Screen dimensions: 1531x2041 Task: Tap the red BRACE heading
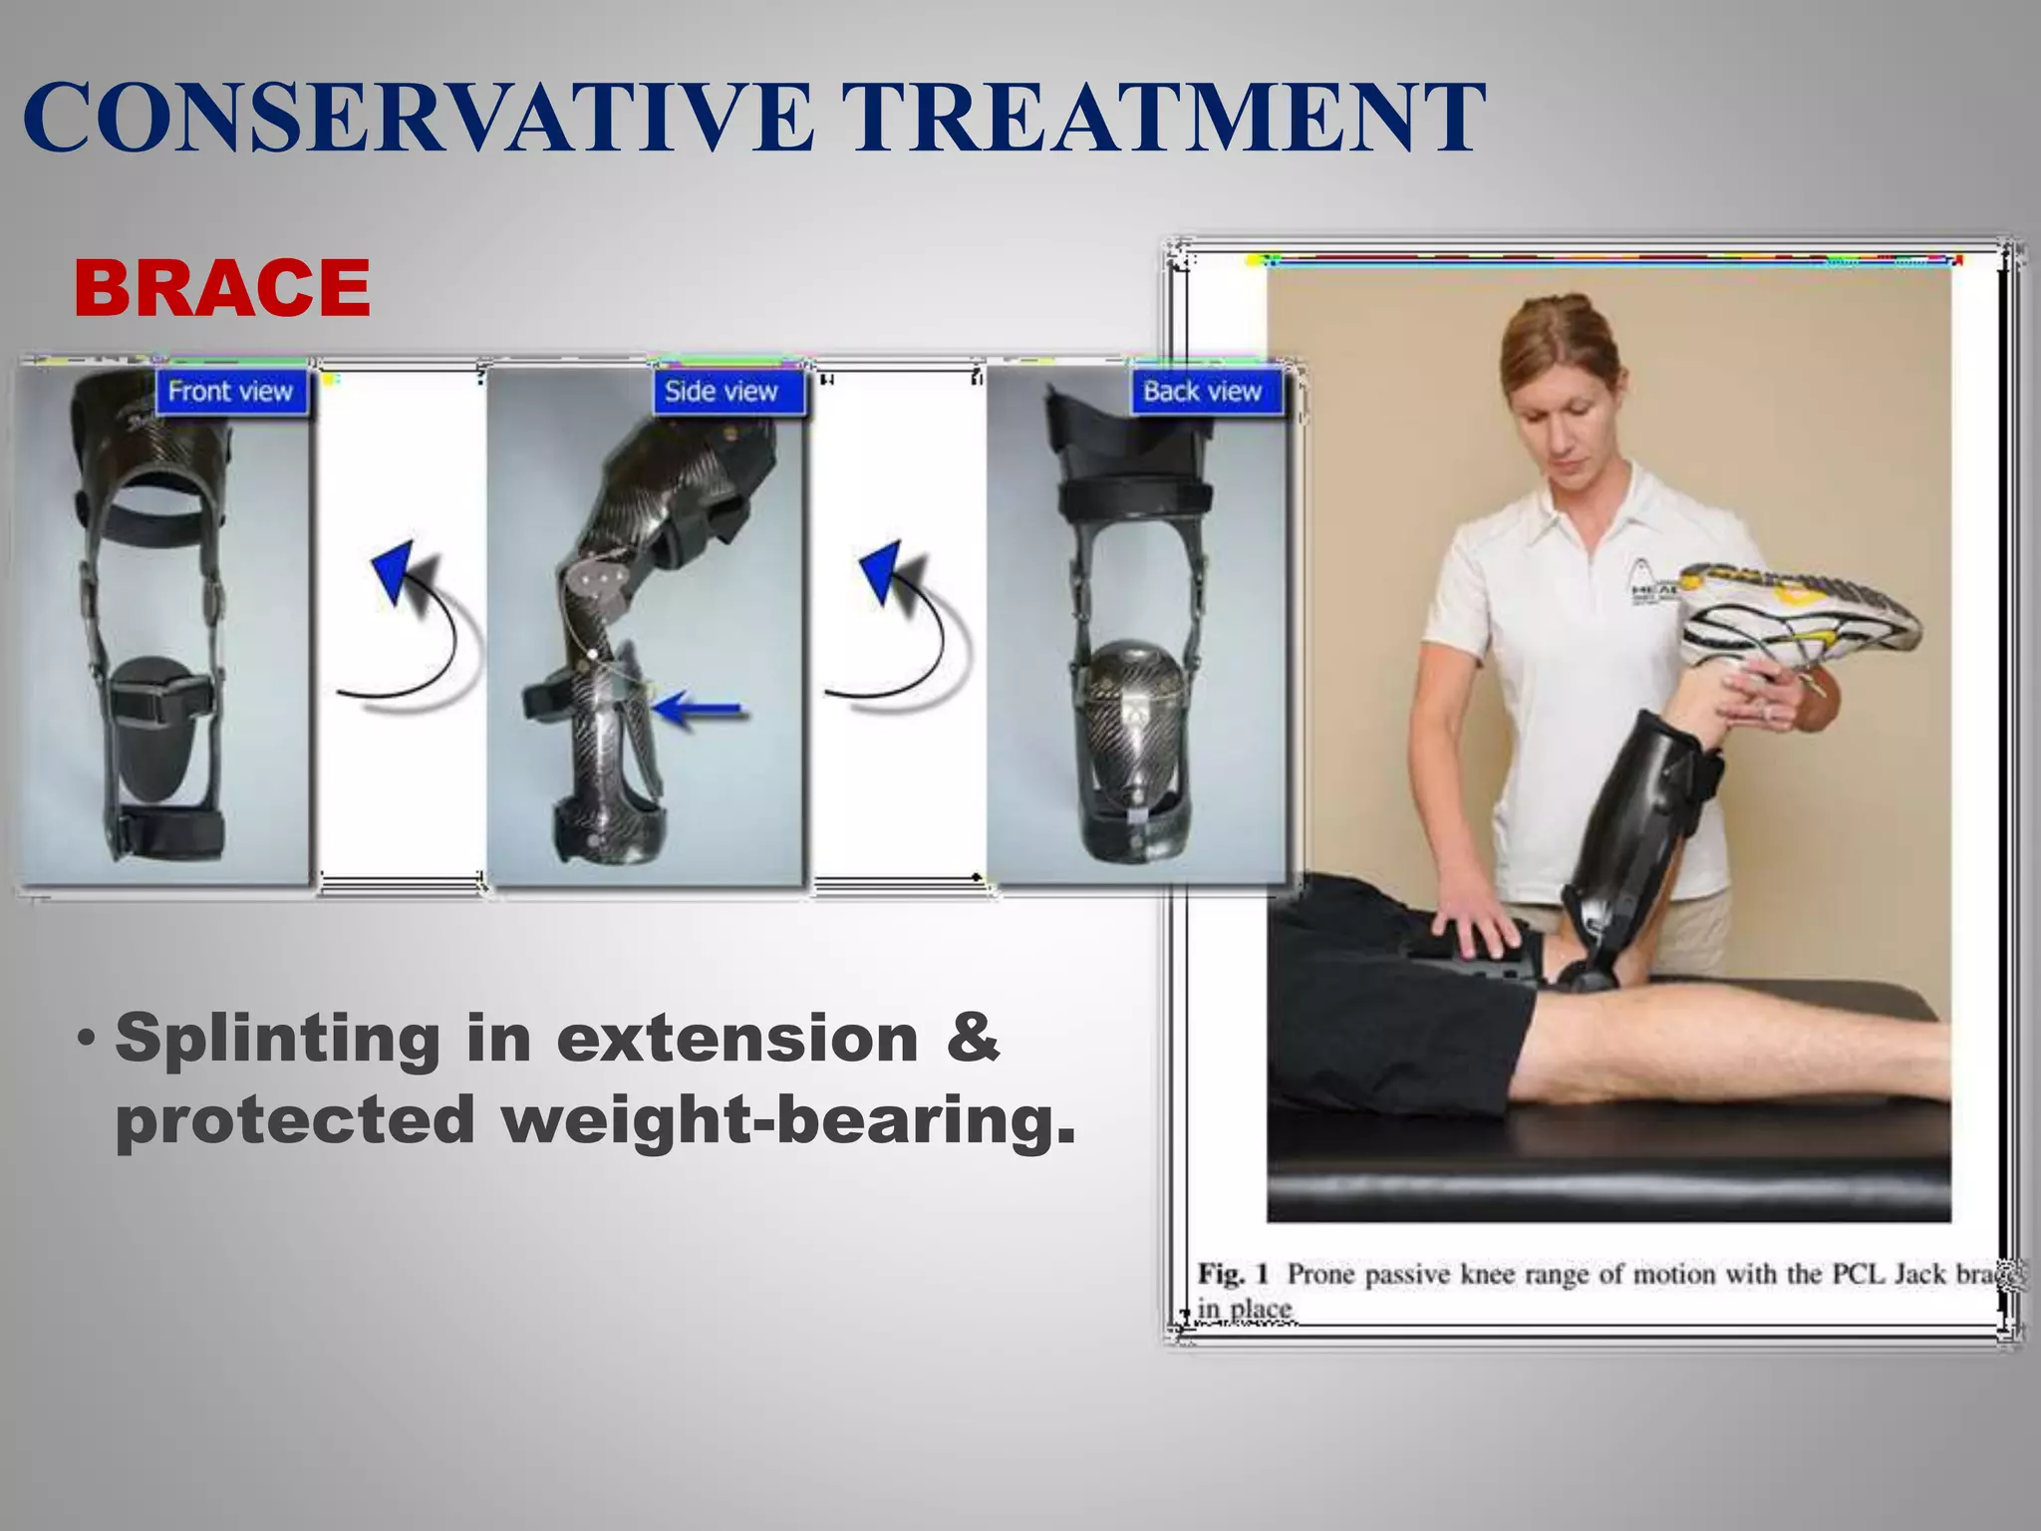pos(221,288)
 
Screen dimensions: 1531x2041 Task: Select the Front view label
pos(230,392)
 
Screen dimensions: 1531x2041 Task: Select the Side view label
pos(721,392)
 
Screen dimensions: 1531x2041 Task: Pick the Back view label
pos(1202,392)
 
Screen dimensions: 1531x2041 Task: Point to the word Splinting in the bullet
pos(277,1038)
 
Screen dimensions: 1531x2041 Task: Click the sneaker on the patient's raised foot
pos(1794,613)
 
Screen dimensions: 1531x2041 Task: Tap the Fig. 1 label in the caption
pos(1234,1274)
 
